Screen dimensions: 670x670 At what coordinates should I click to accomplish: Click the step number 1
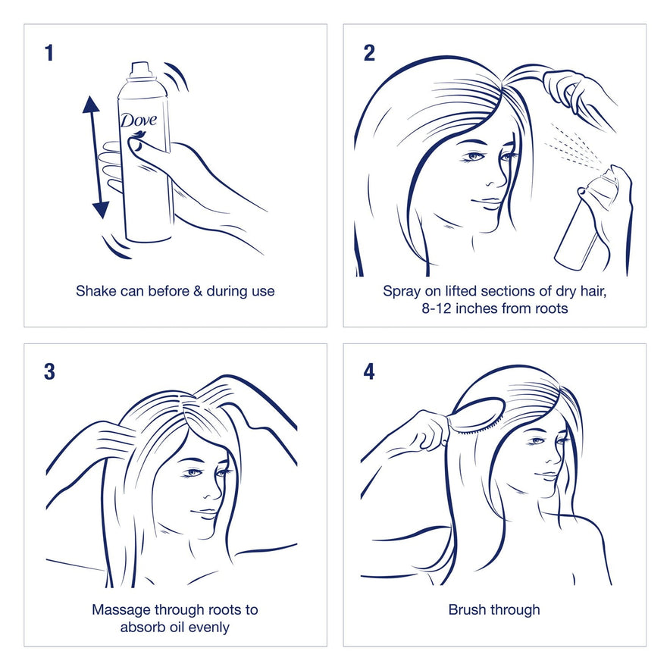[49, 53]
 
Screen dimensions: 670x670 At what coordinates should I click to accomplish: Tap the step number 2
[369, 53]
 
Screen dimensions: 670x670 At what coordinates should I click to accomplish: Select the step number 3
[49, 371]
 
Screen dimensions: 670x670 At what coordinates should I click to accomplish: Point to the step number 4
[369, 371]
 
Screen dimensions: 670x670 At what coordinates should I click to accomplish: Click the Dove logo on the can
[139, 121]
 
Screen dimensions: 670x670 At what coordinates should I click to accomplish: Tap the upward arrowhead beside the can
[91, 105]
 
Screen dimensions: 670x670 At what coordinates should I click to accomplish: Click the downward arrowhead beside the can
[101, 210]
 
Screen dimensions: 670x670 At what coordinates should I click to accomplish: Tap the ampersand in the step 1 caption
[198, 291]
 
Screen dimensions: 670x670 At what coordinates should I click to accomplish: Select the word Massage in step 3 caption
[121, 610]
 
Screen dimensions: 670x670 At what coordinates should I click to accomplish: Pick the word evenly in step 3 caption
[209, 628]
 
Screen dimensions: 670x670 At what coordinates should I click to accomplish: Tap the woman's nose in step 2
[496, 180]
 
